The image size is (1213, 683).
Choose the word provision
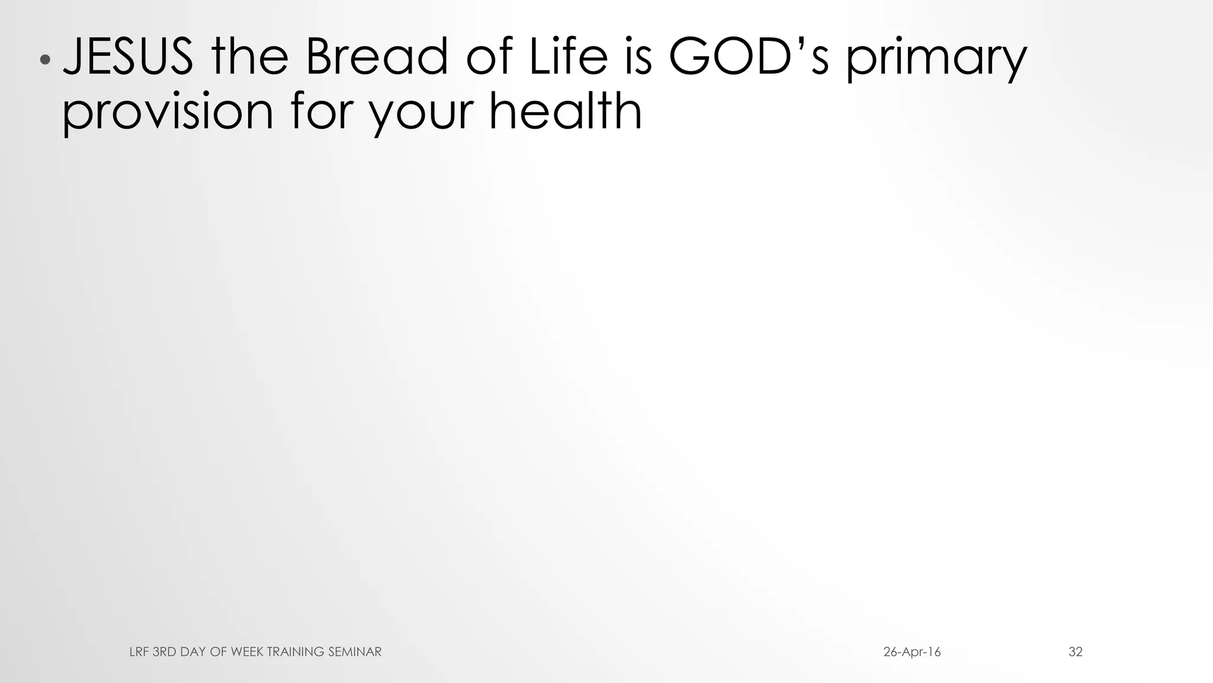[168, 113]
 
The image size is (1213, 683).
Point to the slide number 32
[1076, 652]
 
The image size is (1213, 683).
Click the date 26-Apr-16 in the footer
[912, 652]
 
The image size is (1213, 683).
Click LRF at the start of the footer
[139, 652]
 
